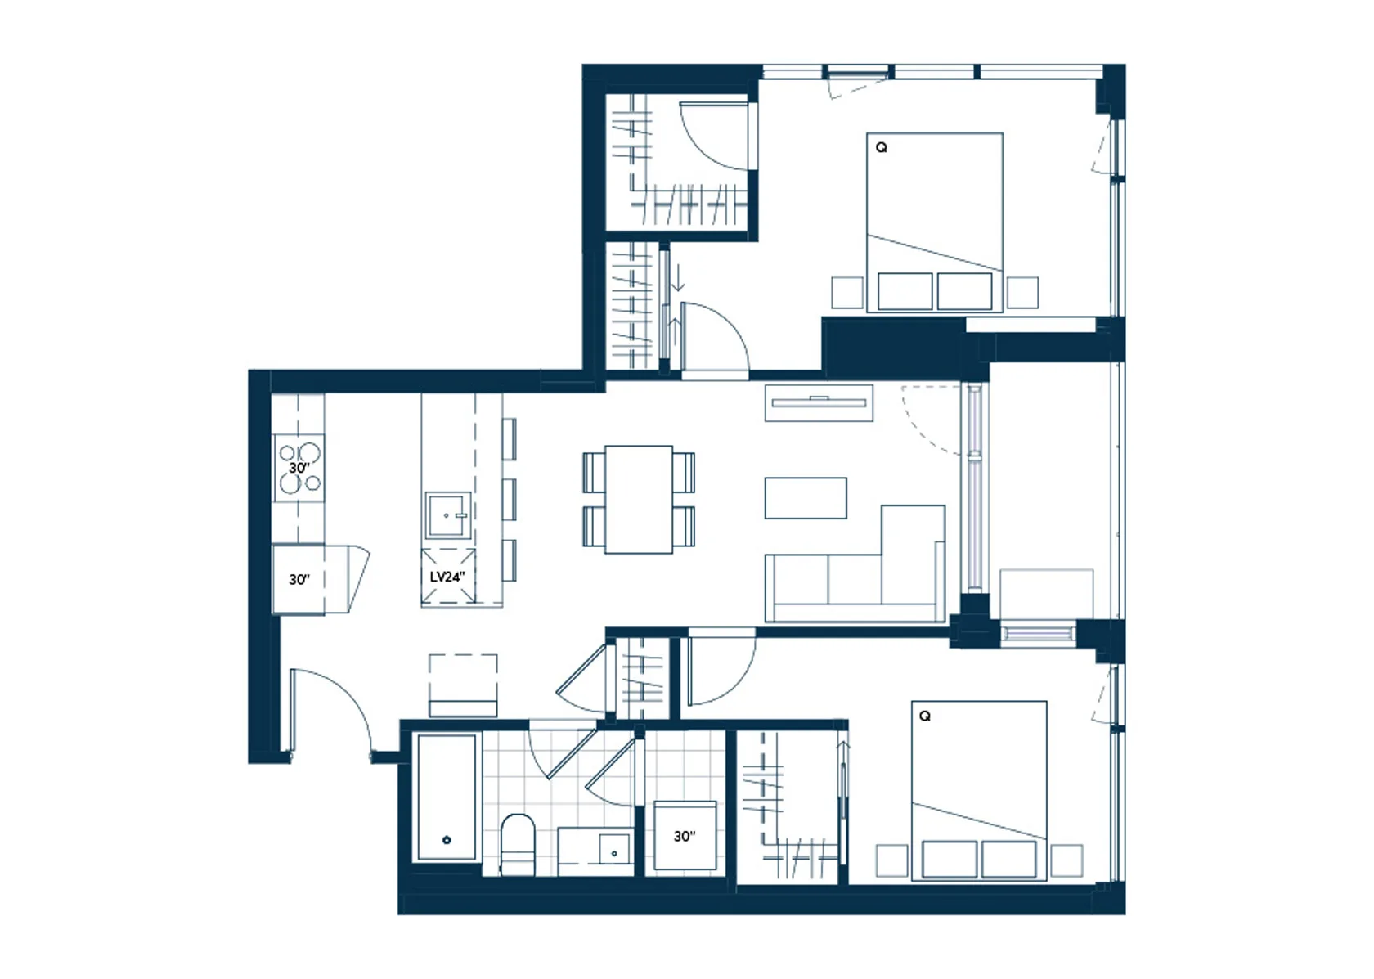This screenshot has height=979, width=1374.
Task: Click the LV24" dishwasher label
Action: pyautogui.click(x=447, y=577)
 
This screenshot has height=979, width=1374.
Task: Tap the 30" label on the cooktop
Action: pyautogui.click(x=299, y=468)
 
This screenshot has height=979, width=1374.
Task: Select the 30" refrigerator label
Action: pyautogui.click(x=299, y=579)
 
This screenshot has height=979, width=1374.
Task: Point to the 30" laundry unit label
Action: pyautogui.click(x=685, y=836)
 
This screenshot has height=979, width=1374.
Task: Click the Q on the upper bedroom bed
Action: pyautogui.click(x=882, y=147)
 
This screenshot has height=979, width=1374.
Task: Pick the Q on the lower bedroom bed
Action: pyautogui.click(x=925, y=716)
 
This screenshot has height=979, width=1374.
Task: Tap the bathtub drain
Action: pyautogui.click(x=447, y=840)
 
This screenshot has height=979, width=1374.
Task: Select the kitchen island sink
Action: pyautogui.click(x=448, y=515)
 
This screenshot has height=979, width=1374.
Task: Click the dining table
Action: pyautogui.click(x=639, y=499)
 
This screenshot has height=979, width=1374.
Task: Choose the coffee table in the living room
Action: pyautogui.click(x=806, y=498)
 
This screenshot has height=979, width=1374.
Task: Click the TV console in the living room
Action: pyautogui.click(x=819, y=402)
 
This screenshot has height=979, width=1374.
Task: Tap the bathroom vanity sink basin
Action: pyautogui.click(x=614, y=849)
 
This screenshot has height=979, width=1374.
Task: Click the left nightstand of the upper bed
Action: pyautogui.click(x=847, y=293)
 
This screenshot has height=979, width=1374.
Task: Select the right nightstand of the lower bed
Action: pyautogui.click(x=1066, y=860)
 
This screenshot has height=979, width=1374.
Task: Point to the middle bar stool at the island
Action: pyautogui.click(x=509, y=500)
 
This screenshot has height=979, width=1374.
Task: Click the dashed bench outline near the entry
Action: pyautogui.click(x=463, y=685)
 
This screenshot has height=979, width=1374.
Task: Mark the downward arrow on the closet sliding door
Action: pyautogui.click(x=679, y=278)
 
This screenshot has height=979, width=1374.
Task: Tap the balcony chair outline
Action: pyautogui.click(x=1047, y=594)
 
